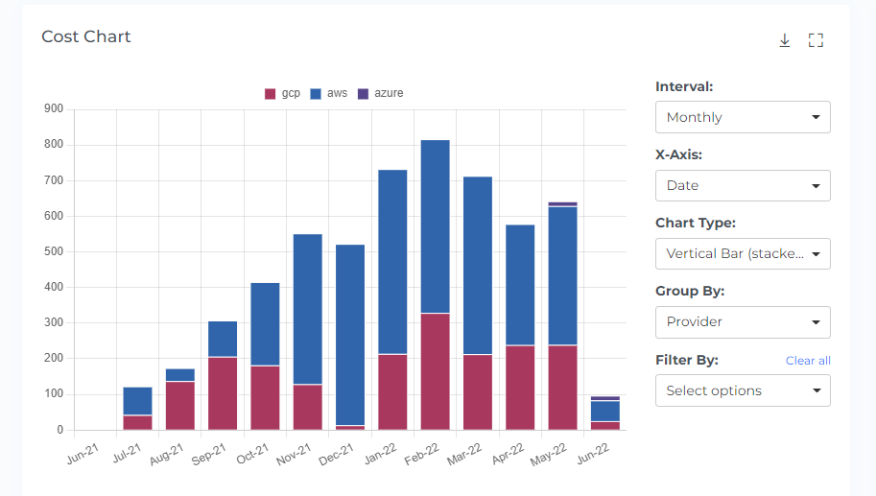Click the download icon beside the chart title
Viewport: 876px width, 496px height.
pos(784,40)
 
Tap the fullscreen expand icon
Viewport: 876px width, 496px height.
pos(816,40)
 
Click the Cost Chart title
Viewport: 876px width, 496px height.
pos(86,36)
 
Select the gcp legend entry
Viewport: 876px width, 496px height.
pos(283,93)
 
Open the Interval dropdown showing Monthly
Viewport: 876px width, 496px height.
pos(743,117)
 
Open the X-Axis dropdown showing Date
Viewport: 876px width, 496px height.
pos(743,185)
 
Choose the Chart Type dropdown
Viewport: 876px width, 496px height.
pos(743,254)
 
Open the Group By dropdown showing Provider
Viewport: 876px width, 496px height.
pos(743,322)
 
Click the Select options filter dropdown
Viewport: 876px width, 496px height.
pos(743,390)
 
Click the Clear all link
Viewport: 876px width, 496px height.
pos(808,361)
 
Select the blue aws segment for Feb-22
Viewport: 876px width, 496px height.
pos(436,226)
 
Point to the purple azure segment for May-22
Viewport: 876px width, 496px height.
pos(563,204)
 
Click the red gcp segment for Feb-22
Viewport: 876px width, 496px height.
pos(436,371)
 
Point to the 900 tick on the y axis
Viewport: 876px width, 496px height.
pos(54,109)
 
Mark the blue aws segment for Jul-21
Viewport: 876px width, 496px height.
pos(137,401)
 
